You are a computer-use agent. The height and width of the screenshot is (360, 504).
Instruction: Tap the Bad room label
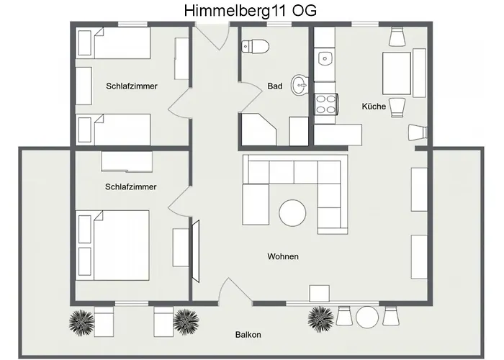[x=274, y=86]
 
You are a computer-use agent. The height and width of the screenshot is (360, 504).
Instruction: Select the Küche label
[x=374, y=107]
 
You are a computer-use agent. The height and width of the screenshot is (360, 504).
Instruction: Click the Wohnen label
[x=282, y=256]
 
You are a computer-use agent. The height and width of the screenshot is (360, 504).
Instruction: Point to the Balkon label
[x=248, y=335]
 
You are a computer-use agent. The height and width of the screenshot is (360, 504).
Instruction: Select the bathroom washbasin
[x=300, y=86]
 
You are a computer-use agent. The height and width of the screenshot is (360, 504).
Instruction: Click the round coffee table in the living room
[x=292, y=212]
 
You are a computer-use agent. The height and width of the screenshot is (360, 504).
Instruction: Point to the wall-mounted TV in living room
[x=194, y=245]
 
